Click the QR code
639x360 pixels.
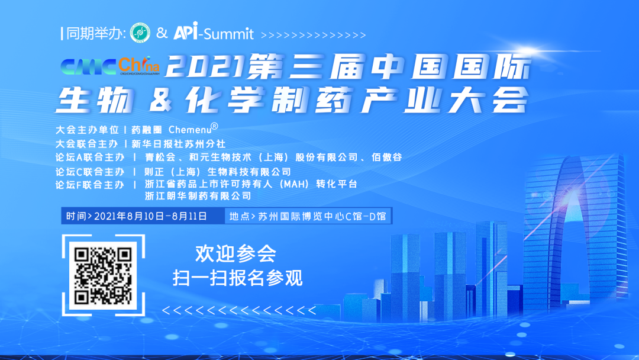103,275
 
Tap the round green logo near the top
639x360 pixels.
140,33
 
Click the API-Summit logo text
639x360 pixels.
214,31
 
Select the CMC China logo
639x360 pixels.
110,66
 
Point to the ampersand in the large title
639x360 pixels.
160,100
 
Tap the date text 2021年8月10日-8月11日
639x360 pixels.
151,216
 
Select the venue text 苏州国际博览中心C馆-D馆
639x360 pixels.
322,216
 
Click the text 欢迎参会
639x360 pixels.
235,253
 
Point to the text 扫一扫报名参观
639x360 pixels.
238,278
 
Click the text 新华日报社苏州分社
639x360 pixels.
179,143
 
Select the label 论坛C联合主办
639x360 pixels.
90,172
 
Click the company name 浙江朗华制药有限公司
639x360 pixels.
198,196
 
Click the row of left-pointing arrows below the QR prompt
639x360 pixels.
239,311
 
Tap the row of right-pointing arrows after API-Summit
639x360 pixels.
313,36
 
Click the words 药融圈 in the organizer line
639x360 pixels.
147,130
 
